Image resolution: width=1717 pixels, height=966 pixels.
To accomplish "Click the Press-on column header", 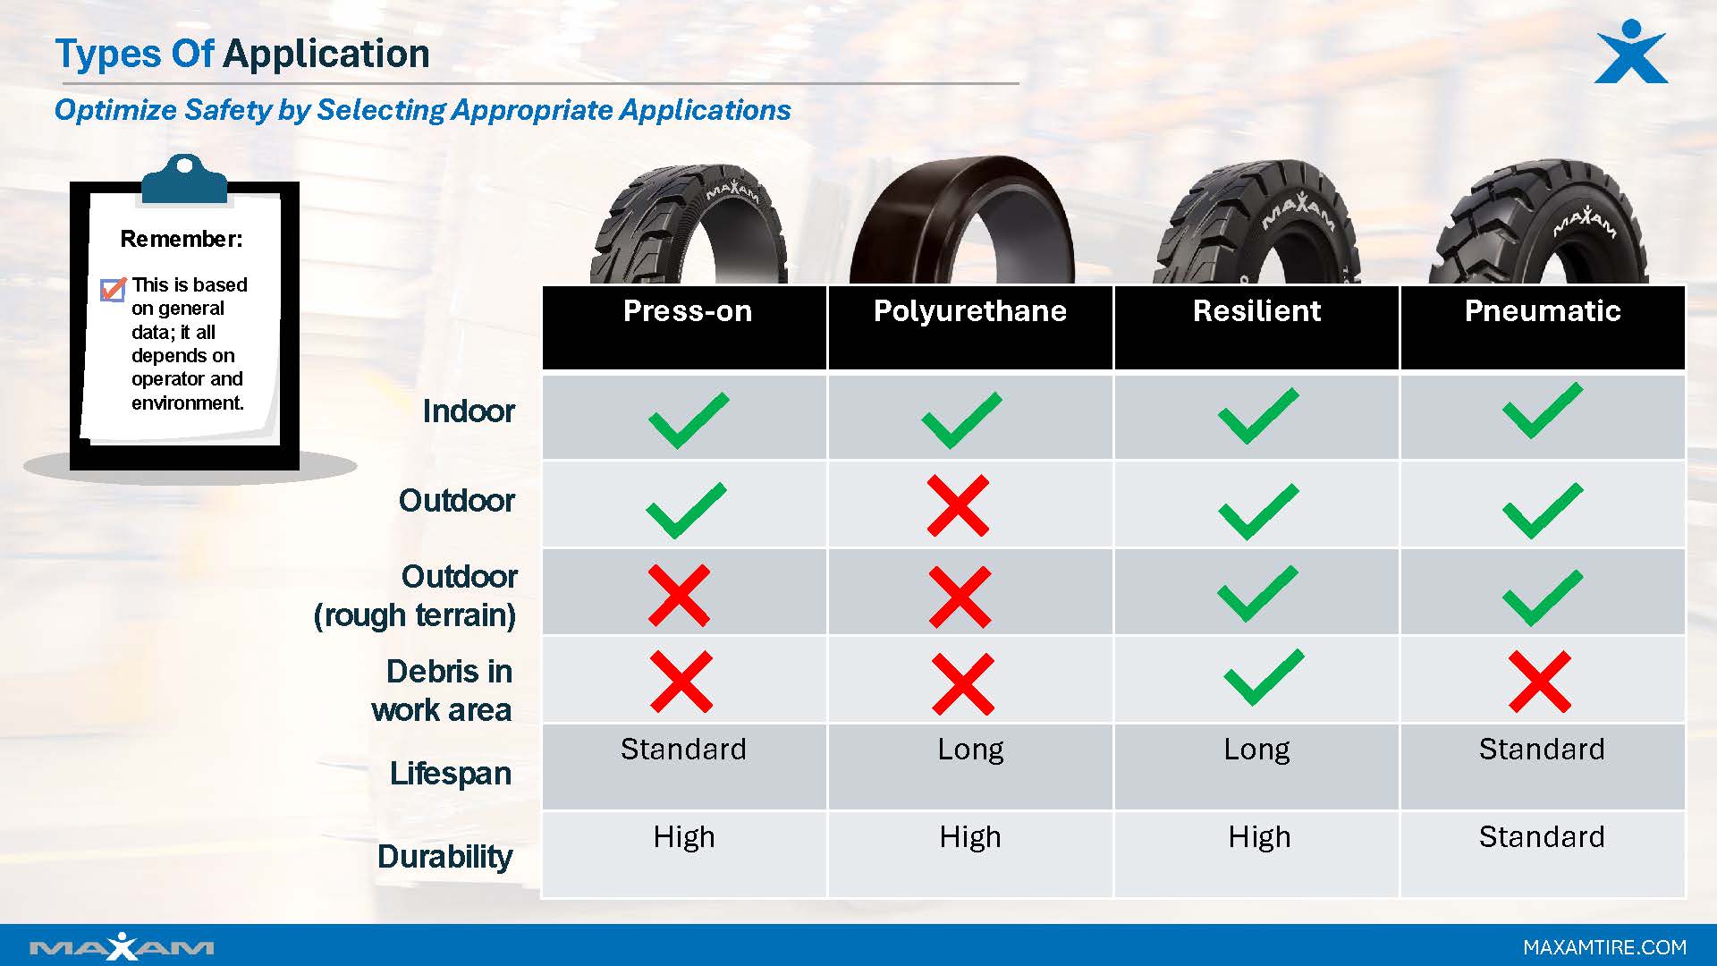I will (x=687, y=311).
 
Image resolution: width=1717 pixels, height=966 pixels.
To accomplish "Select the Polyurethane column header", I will (x=969, y=311).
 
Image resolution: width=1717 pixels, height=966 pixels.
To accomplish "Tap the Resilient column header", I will (x=1256, y=311).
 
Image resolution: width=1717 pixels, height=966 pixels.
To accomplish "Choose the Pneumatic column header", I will (x=1542, y=311).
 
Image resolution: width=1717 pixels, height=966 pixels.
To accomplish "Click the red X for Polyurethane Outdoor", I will (x=958, y=505).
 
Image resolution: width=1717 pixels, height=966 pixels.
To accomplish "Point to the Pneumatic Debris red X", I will (x=1539, y=682).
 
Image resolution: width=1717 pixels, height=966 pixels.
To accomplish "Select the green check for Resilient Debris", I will (x=1263, y=677).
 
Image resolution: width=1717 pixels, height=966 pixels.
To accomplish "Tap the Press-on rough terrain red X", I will (x=679, y=595).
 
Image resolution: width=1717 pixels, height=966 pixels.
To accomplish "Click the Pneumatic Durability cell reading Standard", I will (x=1542, y=837).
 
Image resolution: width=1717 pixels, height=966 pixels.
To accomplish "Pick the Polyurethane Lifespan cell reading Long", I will (x=970, y=750).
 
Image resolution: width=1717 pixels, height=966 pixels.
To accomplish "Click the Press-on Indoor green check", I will (x=688, y=419).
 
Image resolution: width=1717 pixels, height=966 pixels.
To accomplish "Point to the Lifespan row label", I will (x=450, y=774).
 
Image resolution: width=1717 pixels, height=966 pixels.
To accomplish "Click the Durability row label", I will (x=444, y=857).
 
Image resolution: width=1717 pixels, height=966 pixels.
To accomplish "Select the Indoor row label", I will (x=469, y=411).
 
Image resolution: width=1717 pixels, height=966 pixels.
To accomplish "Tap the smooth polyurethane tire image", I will (x=961, y=224).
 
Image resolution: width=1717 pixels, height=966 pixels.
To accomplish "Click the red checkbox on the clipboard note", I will (x=113, y=290).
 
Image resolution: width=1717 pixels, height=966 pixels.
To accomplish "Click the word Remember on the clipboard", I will (x=182, y=240).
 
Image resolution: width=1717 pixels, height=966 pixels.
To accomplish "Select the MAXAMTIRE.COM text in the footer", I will (x=1604, y=947).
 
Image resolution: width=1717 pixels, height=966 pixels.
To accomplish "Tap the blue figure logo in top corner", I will (x=1631, y=52).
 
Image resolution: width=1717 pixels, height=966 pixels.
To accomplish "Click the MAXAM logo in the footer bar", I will (x=122, y=946).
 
